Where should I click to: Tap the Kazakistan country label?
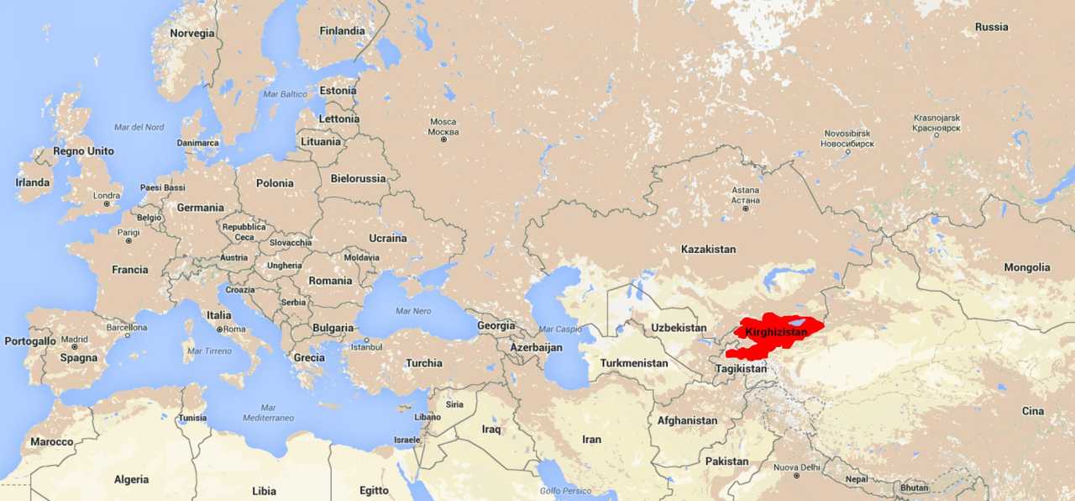(x=708, y=249)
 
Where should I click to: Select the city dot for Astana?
(x=745, y=208)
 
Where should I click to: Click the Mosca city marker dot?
(x=443, y=140)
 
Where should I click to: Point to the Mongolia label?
(x=1026, y=267)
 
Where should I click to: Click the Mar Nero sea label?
(x=412, y=311)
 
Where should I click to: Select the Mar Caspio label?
(x=560, y=330)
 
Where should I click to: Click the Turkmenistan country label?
(x=634, y=363)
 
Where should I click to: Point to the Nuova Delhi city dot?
(x=796, y=476)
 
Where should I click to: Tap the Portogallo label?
(x=29, y=341)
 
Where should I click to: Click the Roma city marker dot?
(x=219, y=330)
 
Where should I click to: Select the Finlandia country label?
(x=342, y=31)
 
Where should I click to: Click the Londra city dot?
(x=107, y=204)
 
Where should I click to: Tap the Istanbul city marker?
(x=366, y=340)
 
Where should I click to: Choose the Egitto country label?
(x=374, y=490)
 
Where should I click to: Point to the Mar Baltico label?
(x=286, y=94)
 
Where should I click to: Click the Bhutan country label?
(x=914, y=488)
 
